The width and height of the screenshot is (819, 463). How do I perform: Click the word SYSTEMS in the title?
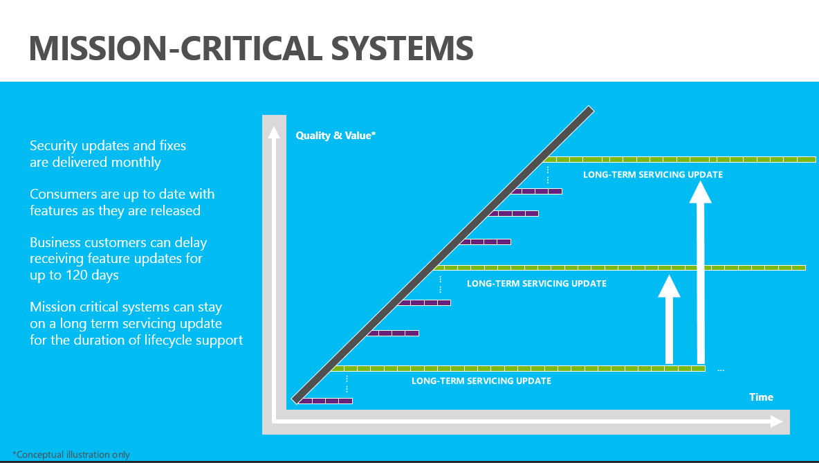tap(402, 48)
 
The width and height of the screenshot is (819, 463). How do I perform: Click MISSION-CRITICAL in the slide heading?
tap(176, 48)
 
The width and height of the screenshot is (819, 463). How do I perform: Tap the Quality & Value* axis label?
tap(336, 136)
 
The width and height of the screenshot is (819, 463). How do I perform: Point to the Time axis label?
tap(761, 397)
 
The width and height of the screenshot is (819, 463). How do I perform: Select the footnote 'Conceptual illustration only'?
tap(71, 455)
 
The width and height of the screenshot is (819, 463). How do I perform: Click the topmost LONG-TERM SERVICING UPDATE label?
tap(653, 174)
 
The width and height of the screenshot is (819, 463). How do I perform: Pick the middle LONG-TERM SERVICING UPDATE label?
tap(536, 283)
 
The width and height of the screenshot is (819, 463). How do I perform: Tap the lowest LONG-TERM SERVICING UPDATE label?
tap(481, 381)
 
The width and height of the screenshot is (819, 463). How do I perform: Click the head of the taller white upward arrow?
tap(701, 192)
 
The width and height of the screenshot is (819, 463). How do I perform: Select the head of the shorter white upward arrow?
tap(669, 287)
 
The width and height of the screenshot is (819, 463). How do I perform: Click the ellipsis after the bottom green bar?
tap(721, 370)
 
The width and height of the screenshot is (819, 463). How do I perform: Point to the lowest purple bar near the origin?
tap(325, 401)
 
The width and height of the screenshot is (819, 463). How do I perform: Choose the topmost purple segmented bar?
tap(536, 191)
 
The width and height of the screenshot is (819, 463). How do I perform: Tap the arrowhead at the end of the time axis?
tap(777, 421)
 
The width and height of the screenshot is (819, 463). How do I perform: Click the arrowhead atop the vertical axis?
tap(274, 132)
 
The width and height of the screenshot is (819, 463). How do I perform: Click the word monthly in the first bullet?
tap(136, 163)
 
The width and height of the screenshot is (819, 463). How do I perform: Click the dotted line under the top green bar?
tap(547, 175)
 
